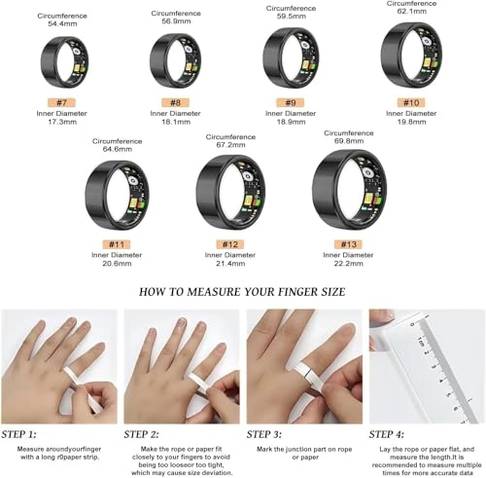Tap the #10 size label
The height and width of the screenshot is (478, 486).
(x=410, y=102)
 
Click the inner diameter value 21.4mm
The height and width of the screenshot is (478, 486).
(x=230, y=264)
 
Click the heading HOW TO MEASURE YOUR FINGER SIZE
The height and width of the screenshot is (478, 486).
(x=242, y=290)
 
